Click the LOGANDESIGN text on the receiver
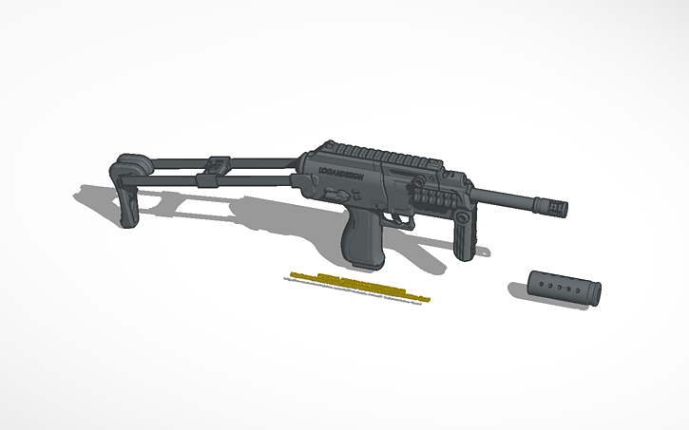(341, 181)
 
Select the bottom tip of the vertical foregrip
(466, 254)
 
